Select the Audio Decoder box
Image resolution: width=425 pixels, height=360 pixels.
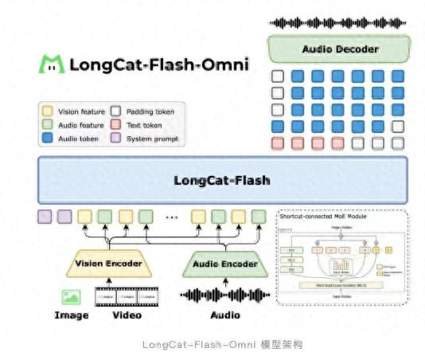339,49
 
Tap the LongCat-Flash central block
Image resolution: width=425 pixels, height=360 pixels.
222,180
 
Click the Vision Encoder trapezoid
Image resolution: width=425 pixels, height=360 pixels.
108,264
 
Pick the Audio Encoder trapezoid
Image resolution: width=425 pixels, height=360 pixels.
224,264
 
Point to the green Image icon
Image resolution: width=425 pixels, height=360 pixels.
72,297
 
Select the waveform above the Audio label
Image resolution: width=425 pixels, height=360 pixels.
224,296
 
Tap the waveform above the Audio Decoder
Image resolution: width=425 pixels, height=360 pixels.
339,22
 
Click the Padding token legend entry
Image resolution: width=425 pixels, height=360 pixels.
143,112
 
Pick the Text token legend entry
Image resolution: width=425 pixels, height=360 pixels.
138,125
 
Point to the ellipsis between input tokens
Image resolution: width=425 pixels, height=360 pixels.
170,217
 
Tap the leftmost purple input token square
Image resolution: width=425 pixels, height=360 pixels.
45,216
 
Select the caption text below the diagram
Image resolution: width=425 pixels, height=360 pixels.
212,344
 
